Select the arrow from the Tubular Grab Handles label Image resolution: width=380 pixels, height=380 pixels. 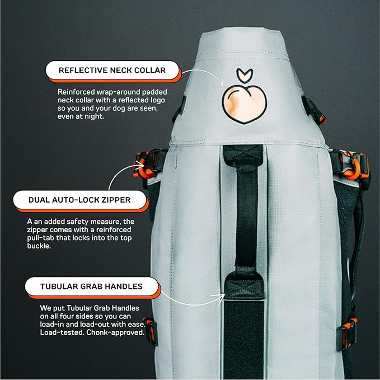pos(190,299)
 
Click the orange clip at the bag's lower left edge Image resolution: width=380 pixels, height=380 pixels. pos(148,330)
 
